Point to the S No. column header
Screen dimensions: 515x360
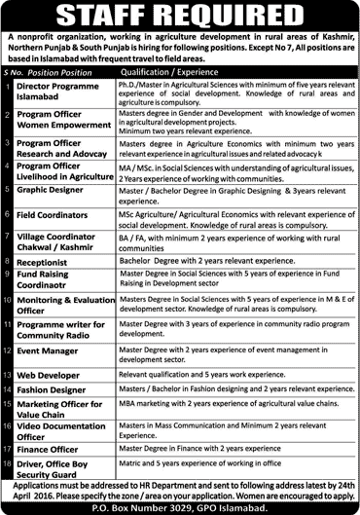point(13,71)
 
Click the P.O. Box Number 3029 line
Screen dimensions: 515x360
point(179,507)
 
